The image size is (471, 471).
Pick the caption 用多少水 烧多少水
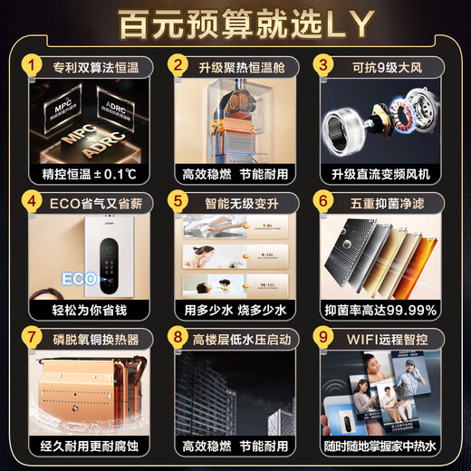(235, 310)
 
